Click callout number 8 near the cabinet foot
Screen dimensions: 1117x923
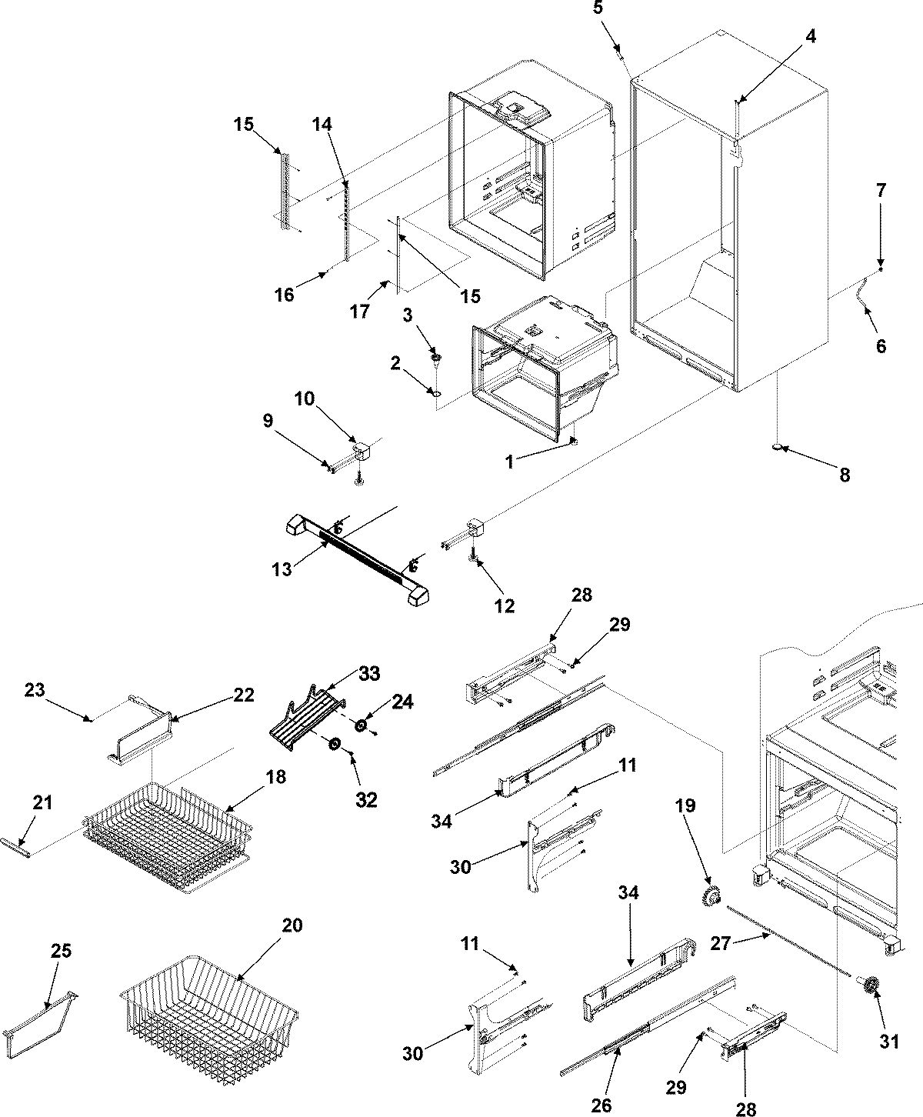pyautogui.click(x=845, y=475)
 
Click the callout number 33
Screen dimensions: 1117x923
pyautogui.click(x=369, y=675)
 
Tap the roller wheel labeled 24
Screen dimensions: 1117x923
pyautogui.click(x=359, y=725)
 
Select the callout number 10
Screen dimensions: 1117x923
pyautogui.click(x=305, y=398)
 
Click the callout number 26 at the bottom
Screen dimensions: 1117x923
pyautogui.click(x=601, y=1105)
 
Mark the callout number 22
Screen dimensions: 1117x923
pyautogui.click(x=244, y=695)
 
